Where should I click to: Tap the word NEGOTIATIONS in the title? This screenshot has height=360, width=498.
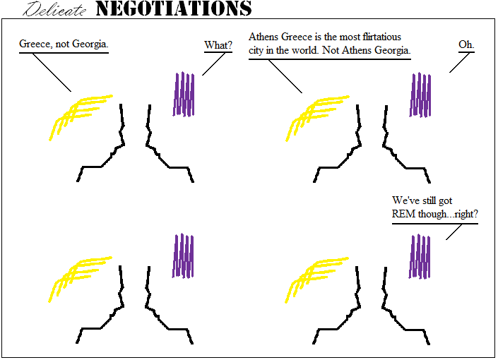[173, 8]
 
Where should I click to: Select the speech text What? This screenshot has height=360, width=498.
[218, 46]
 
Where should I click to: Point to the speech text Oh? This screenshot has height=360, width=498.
[466, 45]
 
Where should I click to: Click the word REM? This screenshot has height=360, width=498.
[406, 215]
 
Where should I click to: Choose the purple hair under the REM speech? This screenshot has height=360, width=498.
[420, 256]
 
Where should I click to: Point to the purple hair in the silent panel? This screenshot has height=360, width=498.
[184, 256]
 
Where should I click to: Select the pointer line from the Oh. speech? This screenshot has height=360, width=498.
[460, 63]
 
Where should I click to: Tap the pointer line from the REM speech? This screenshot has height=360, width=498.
[456, 232]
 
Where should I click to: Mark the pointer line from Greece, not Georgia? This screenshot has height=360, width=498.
[53, 73]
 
